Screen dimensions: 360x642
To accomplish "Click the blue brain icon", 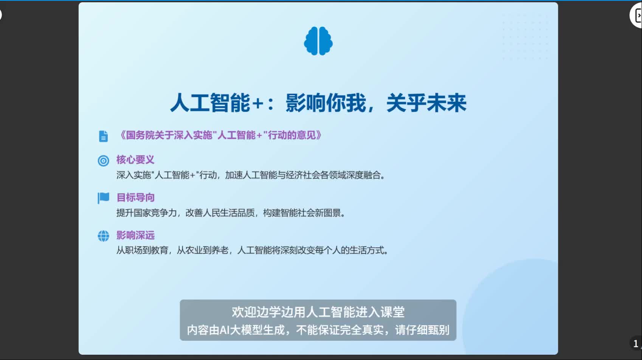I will [318, 41].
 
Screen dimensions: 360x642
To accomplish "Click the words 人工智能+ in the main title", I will [216, 103].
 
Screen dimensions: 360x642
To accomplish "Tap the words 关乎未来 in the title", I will [426, 103].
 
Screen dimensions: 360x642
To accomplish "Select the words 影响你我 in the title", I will [326, 103].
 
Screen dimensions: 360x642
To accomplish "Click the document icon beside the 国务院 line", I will [103, 136].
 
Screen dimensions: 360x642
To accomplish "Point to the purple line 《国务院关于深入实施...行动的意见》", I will [220, 135].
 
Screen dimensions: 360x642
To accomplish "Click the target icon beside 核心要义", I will [103, 161].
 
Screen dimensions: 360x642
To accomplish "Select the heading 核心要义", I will [135, 160].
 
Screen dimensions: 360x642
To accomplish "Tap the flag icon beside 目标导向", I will [103, 198].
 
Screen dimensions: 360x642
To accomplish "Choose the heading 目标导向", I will [135, 197].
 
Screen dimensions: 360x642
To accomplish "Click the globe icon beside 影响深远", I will [103, 236].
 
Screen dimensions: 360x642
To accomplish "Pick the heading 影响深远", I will [135, 235].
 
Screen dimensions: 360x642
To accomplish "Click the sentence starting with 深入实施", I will [251, 175].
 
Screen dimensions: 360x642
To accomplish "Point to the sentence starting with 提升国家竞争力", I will [231, 213].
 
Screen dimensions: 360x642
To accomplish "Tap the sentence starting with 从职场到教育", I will [252, 250].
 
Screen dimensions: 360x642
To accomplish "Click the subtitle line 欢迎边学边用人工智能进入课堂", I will [318, 312].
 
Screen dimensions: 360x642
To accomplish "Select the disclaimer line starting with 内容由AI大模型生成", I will [318, 330].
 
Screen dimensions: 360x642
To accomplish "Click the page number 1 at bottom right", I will [636, 343].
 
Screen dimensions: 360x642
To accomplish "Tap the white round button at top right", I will [637, 16].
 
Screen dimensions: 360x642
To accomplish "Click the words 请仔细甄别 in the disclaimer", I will [422, 330].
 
